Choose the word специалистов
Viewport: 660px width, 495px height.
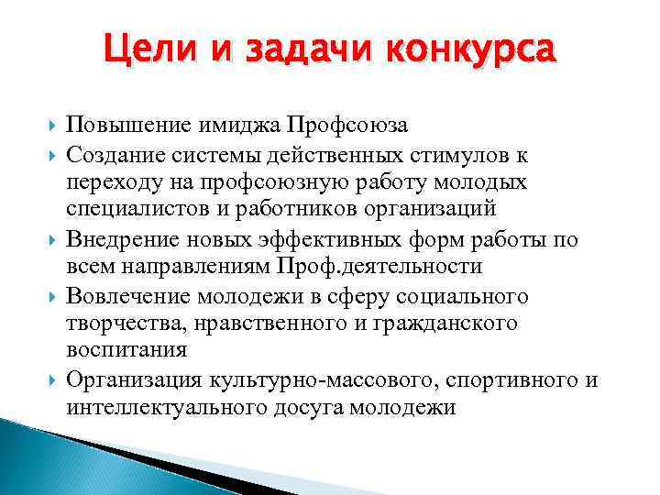click(x=138, y=207)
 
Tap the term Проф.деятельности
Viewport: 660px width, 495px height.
click(x=377, y=267)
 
